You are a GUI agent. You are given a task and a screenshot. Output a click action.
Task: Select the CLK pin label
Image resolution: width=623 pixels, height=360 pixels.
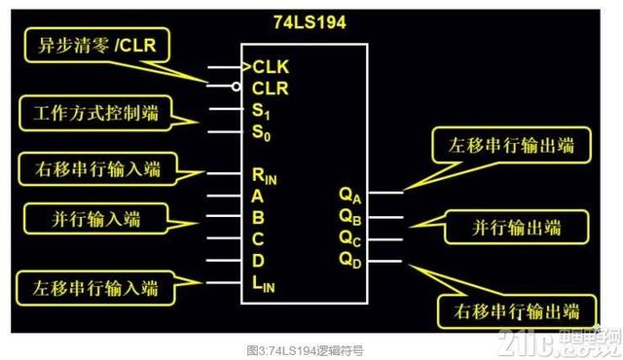pos(272,67)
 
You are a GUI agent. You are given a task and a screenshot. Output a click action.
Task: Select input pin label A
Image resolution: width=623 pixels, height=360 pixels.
pos(258,195)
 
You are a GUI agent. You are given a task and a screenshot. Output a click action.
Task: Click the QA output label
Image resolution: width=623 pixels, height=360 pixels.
pos(350,193)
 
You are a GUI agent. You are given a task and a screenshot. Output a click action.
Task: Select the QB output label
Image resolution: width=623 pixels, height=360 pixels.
pos(350,215)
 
